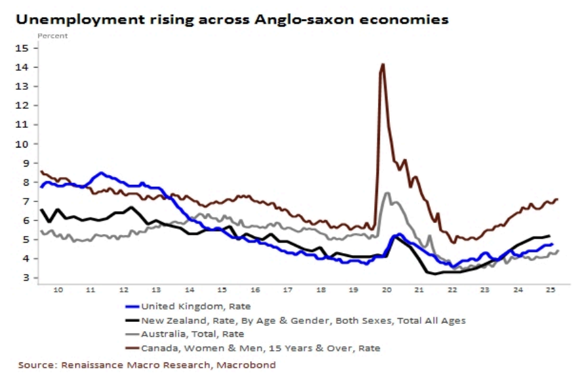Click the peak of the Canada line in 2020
pyautogui.click(x=383, y=64)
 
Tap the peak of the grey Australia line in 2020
pyautogui.click(x=387, y=193)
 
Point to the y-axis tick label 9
pyautogui.click(x=26, y=163)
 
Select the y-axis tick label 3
pyautogui.click(x=26, y=278)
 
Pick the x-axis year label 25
pyautogui.click(x=550, y=289)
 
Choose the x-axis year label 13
pyautogui.click(x=156, y=289)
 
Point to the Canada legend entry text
pyautogui.click(x=260, y=348)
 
